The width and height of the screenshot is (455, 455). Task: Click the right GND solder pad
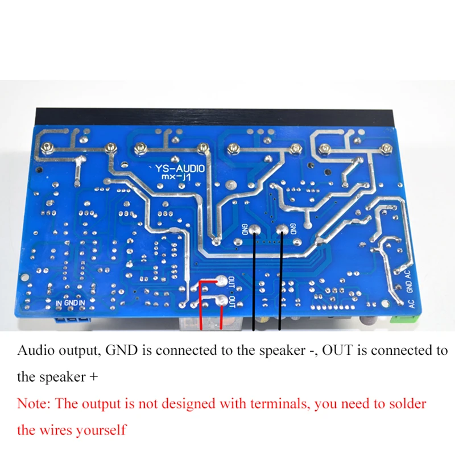282,230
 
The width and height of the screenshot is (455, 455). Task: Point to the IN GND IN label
71,303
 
